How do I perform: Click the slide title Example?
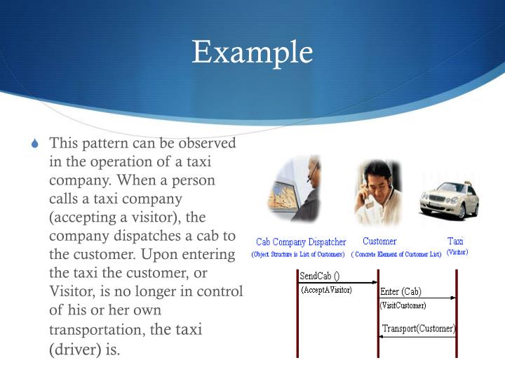[252, 52]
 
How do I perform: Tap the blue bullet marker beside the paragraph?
[37, 145]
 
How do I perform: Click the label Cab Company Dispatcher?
[301, 242]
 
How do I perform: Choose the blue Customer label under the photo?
[379, 241]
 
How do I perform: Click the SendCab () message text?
[319, 276]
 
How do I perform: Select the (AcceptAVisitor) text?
[326, 289]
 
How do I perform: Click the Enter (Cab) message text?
[400, 291]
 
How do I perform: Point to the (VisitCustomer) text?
[403, 305]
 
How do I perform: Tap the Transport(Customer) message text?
[419, 328]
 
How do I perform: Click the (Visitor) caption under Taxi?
[457, 252]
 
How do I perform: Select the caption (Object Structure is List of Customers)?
[298, 254]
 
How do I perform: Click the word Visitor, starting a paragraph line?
[71, 291]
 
